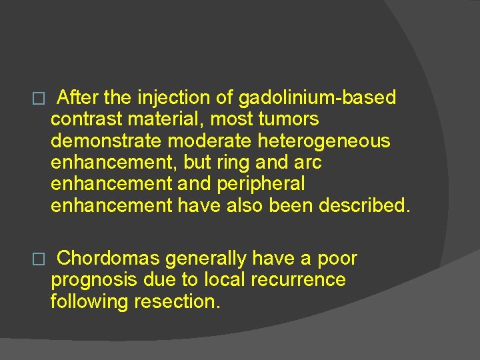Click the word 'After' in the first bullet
click(78, 98)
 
